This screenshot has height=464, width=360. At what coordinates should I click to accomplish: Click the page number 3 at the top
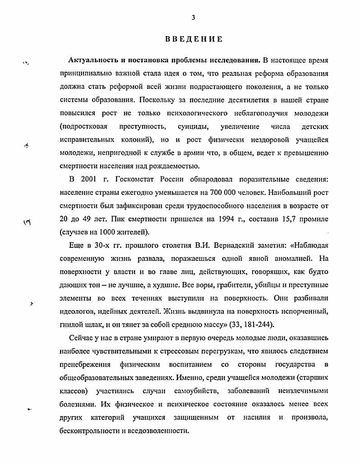click(193, 18)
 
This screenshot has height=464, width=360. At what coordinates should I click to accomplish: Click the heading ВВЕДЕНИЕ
click(193, 39)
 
